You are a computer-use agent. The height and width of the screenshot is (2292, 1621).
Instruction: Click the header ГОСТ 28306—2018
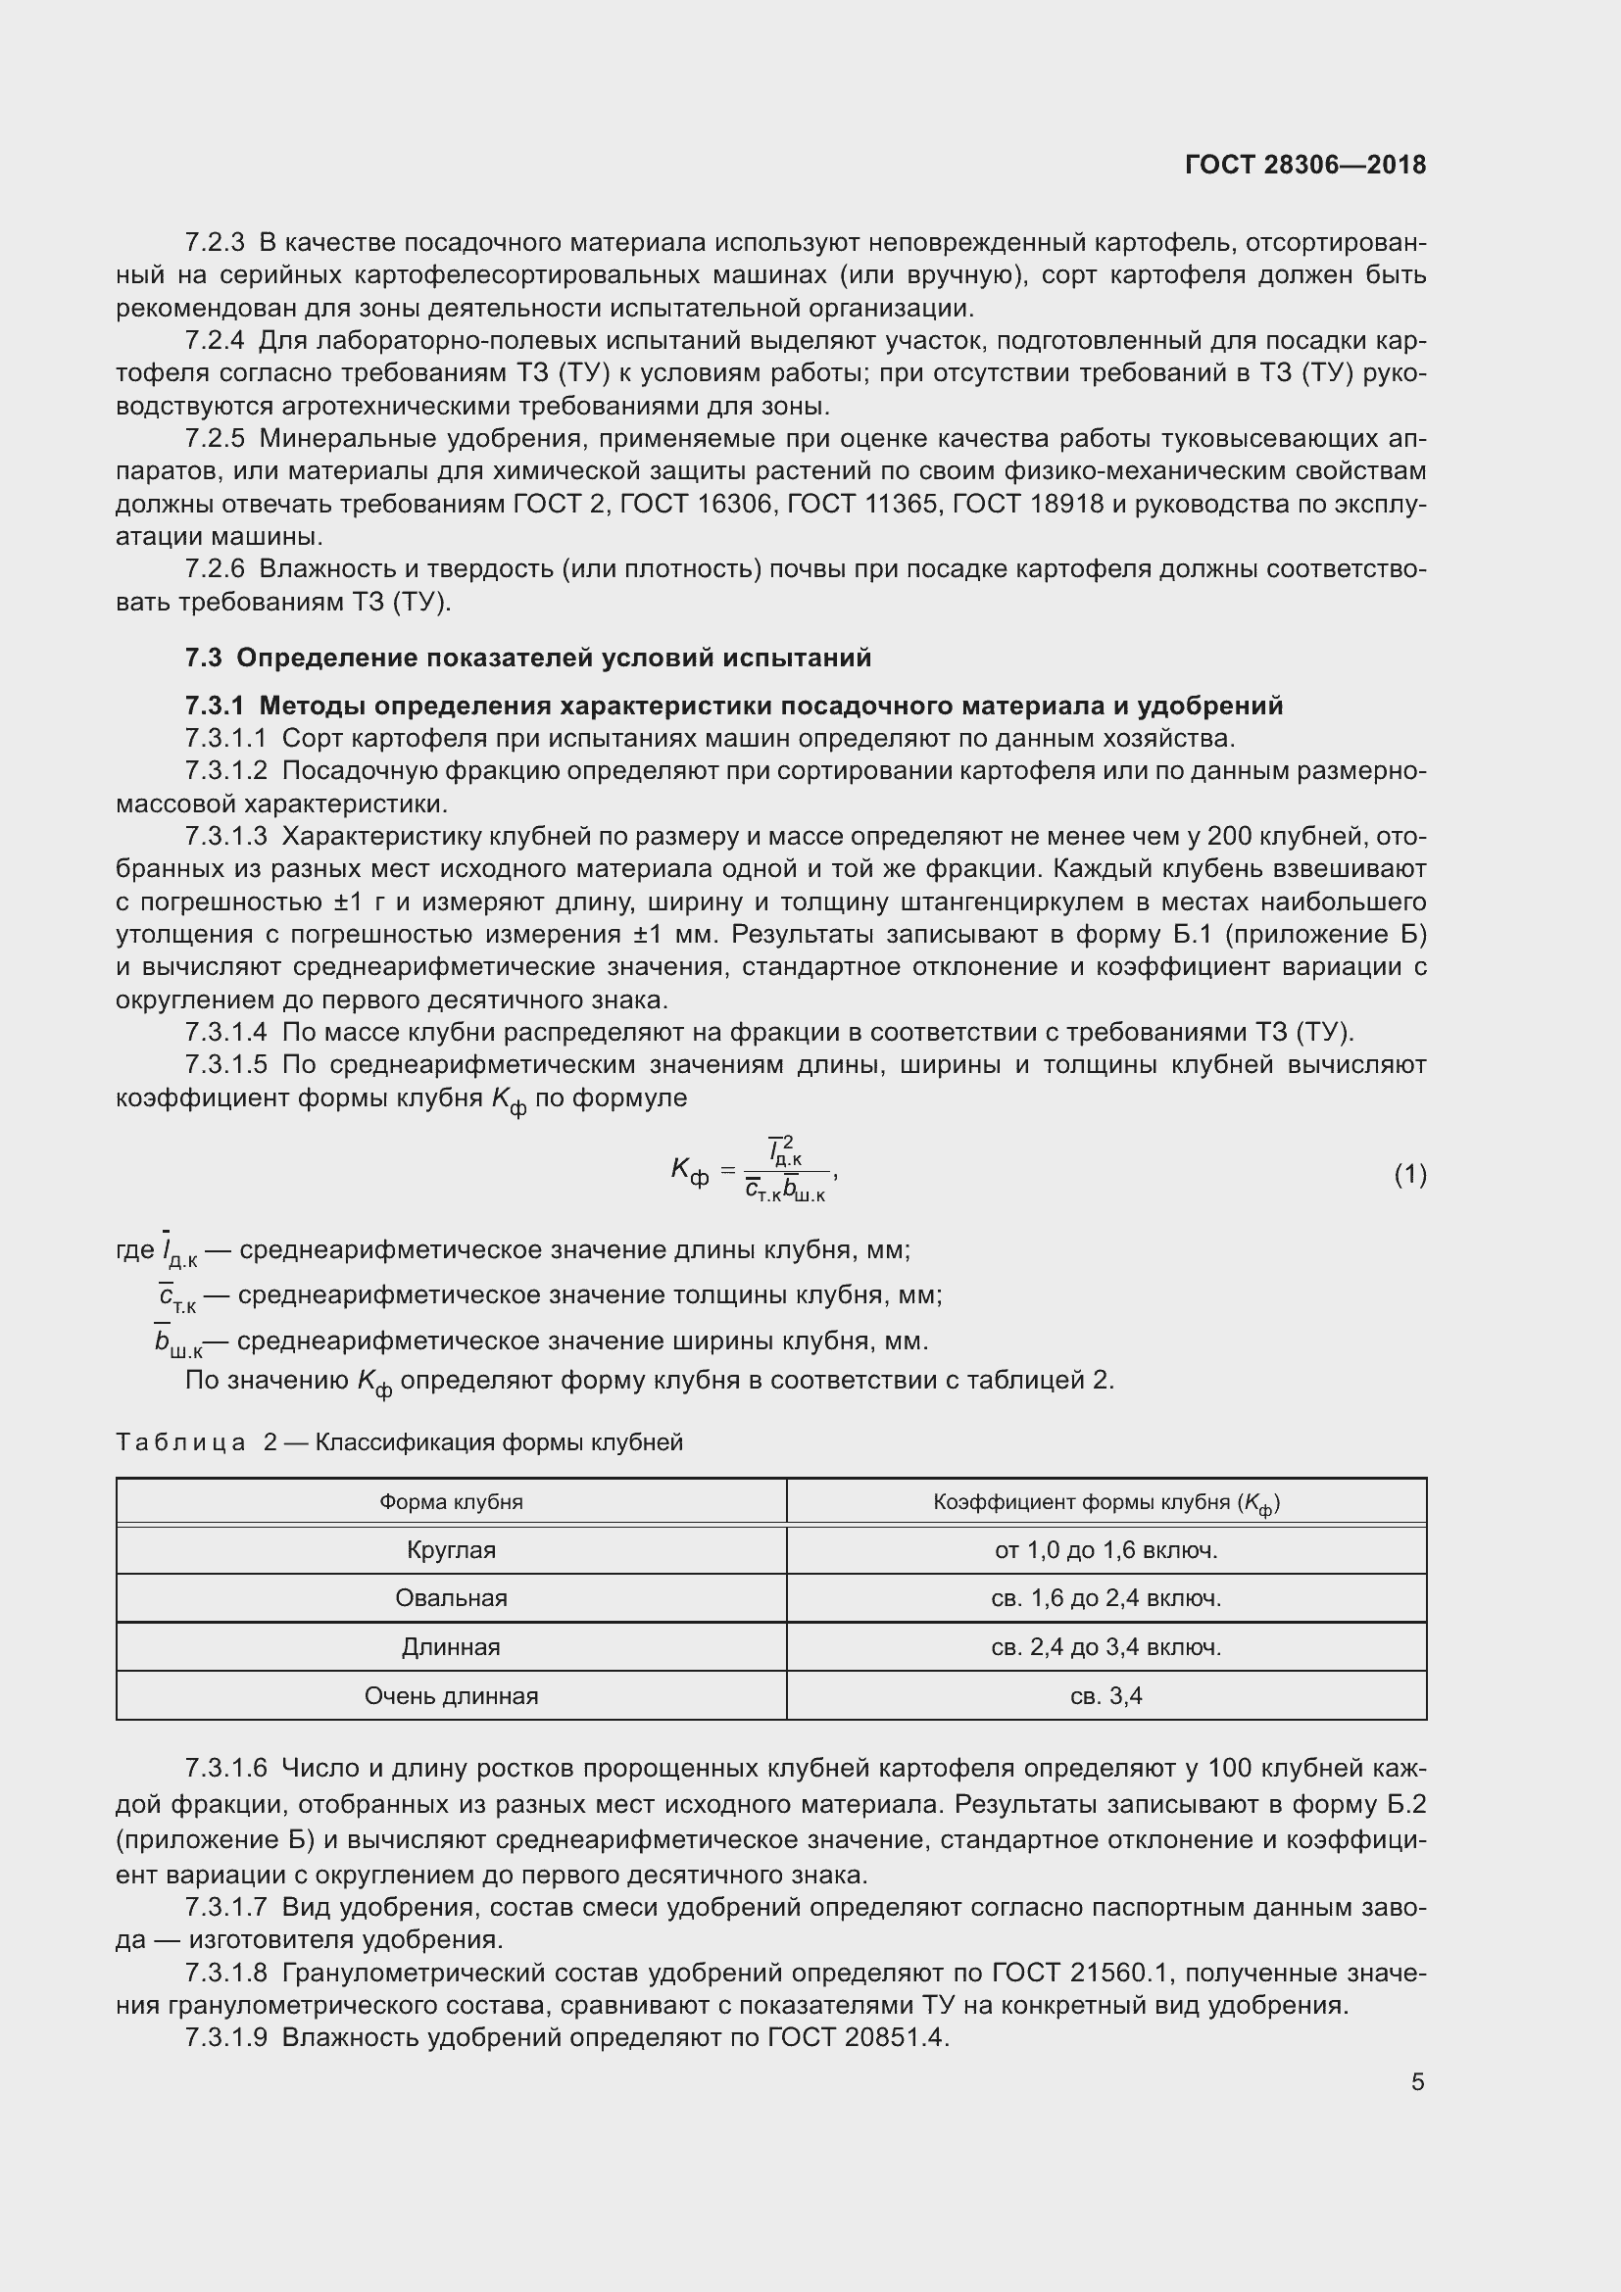click(1304, 165)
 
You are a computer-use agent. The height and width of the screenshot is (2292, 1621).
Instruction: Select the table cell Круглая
click(451, 1550)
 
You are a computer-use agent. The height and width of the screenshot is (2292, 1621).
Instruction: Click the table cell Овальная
click(451, 1598)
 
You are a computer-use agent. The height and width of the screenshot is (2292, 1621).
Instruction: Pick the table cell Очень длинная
click(451, 1696)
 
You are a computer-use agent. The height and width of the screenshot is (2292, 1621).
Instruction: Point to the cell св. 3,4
click(1105, 1696)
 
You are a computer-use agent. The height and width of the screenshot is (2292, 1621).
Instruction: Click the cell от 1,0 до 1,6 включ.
click(1105, 1550)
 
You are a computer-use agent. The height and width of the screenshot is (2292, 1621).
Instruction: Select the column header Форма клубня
click(451, 1502)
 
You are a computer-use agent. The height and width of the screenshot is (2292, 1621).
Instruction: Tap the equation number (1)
click(1409, 1175)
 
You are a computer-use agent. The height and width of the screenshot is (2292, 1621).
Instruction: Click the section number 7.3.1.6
click(225, 1769)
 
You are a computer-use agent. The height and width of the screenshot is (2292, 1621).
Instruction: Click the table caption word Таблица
click(180, 1442)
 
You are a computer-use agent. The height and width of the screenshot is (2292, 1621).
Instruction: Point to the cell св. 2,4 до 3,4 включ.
click(1105, 1647)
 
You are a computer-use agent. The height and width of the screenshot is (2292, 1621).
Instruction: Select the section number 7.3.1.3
click(225, 837)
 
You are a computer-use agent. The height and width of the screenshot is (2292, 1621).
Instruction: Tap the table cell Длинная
click(451, 1647)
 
